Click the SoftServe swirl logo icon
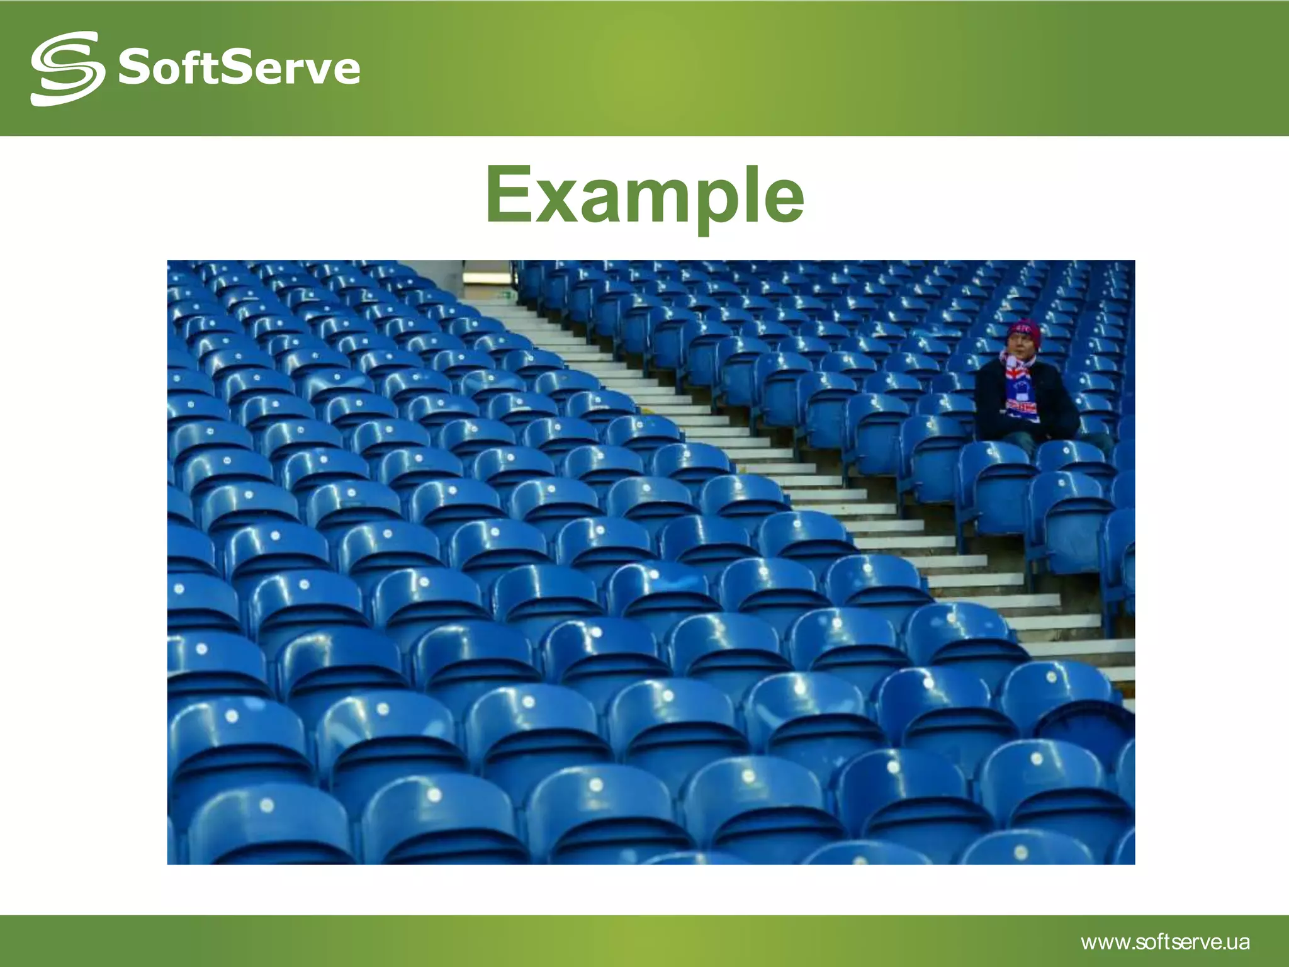[x=67, y=68]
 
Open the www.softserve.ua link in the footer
[x=1165, y=942]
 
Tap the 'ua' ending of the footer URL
[x=1239, y=943]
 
